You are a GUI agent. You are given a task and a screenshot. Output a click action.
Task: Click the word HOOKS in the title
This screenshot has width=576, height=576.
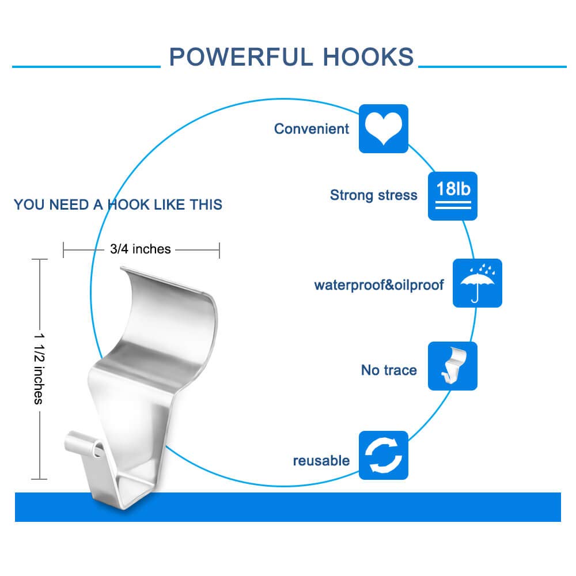[x=369, y=57]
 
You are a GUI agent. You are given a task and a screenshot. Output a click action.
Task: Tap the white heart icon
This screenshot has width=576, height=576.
[x=383, y=128]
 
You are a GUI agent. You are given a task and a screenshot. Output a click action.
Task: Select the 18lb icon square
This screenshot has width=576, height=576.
[x=453, y=196]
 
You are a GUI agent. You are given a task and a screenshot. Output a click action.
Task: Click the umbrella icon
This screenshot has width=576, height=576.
[x=477, y=283]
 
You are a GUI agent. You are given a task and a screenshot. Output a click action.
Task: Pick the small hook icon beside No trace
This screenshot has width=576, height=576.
[x=453, y=366]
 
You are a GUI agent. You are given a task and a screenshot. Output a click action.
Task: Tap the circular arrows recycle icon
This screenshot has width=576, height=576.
[x=383, y=455]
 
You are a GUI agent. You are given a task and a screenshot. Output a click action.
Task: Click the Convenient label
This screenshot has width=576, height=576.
[x=312, y=129]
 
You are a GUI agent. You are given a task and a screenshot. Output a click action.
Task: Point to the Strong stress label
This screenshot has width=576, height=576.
[x=374, y=195]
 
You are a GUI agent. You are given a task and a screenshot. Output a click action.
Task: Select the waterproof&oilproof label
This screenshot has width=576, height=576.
[x=379, y=285]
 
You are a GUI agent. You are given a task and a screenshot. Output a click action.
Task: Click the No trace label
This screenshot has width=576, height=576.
[x=389, y=370]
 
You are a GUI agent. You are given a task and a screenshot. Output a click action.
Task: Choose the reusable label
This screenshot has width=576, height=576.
[x=321, y=461]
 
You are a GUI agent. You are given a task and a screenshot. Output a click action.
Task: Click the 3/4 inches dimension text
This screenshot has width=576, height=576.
[x=141, y=249]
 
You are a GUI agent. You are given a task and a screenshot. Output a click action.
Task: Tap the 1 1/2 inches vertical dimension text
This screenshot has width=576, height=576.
[x=39, y=369]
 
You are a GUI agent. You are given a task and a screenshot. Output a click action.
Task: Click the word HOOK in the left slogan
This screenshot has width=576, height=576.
[x=128, y=204]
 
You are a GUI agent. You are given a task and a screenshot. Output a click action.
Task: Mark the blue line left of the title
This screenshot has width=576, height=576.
[x=86, y=66]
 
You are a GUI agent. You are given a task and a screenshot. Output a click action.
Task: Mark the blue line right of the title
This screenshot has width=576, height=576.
[x=492, y=66]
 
